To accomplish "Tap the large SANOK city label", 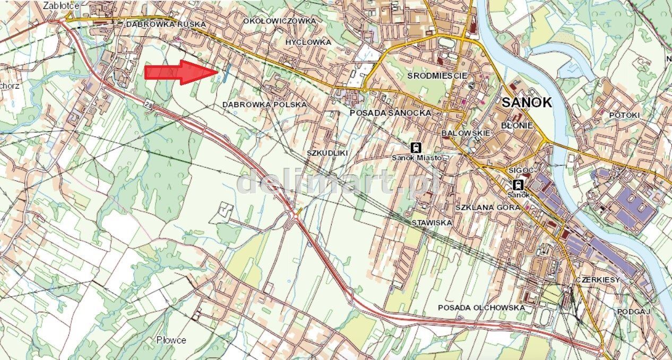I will (526, 102).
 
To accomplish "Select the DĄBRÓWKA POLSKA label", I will (264, 105).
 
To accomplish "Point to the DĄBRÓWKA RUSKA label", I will (165, 24).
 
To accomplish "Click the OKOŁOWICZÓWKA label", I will (279, 21).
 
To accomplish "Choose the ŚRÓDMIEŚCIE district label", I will (437, 76).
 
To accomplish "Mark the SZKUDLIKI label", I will (327, 153).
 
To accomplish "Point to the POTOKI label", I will (624, 115).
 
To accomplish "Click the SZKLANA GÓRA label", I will (488, 207).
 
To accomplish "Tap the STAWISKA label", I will (432, 223).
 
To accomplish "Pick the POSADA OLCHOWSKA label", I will (481, 307).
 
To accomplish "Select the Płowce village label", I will (171, 340).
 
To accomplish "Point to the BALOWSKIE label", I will (466, 133).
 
